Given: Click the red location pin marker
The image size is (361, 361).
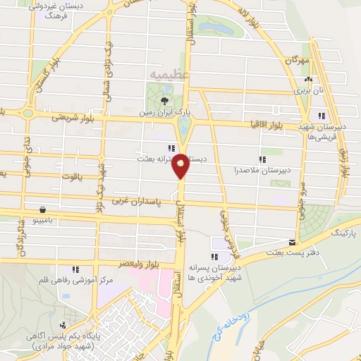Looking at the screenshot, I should [181, 164].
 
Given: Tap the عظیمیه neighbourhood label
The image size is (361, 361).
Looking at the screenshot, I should [169, 73].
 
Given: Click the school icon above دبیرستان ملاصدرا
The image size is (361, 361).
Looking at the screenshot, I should [262, 160].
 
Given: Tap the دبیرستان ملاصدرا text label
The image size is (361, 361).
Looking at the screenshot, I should [262, 171].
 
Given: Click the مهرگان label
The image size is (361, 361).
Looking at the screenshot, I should [298, 62].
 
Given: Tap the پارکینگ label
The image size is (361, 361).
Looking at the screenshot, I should [345, 231].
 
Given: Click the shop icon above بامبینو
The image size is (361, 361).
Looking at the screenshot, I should [44, 209].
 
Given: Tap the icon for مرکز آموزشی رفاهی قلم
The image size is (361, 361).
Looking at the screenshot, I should [75, 269].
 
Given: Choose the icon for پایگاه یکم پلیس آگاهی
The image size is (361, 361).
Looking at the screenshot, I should [64, 325].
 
